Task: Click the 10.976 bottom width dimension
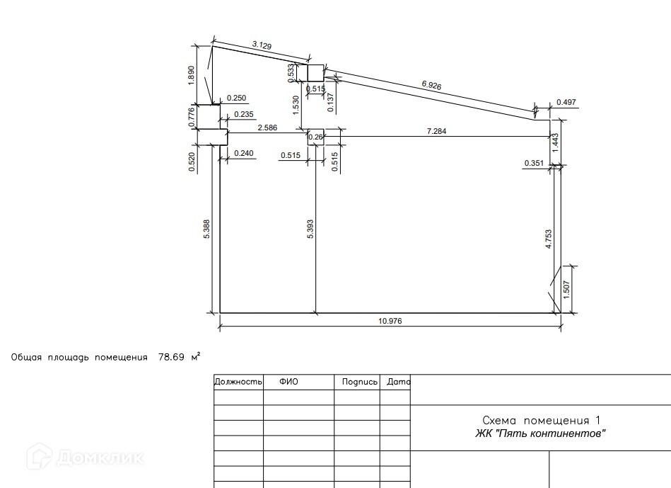click(390, 321)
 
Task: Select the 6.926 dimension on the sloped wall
click(431, 85)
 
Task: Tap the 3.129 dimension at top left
click(262, 45)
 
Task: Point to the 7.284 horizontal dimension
click(436, 131)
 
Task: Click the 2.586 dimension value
click(267, 127)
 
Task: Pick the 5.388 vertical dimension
click(206, 229)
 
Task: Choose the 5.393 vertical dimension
click(310, 229)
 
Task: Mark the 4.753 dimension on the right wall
click(549, 239)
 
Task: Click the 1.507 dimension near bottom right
click(566, 290)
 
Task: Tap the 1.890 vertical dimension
click(192, 75)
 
